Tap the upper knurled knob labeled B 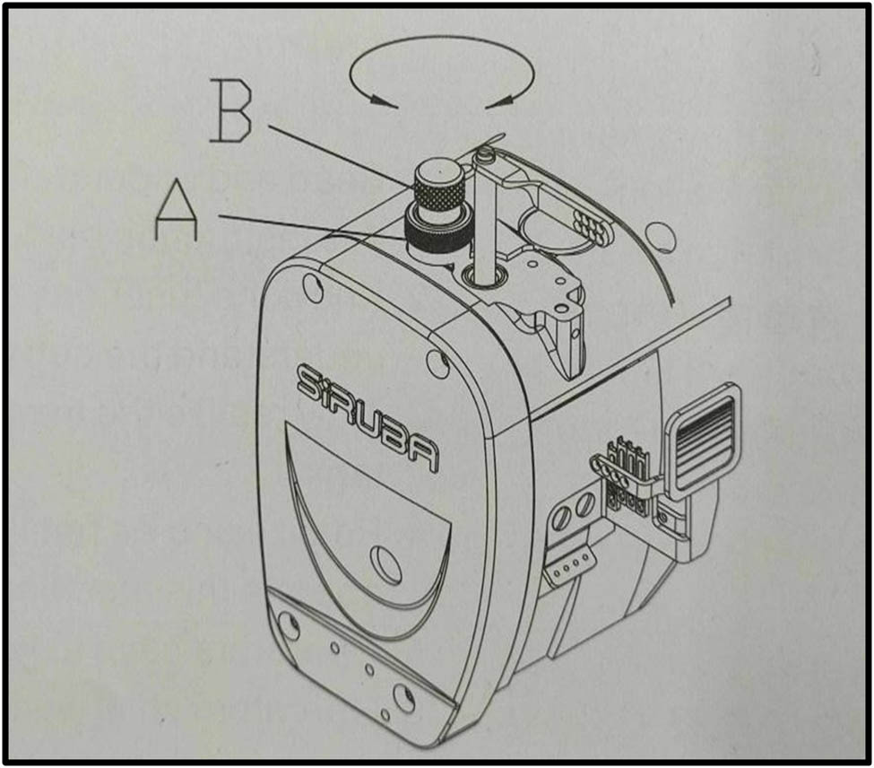[x=439, y=187]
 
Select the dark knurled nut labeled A [x=437, y=232]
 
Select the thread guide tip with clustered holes [x=589, y=227]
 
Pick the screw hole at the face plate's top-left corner [x=312, y=288]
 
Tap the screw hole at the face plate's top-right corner [x=437, y=363]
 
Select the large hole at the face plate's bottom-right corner [x=403, y=697]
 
